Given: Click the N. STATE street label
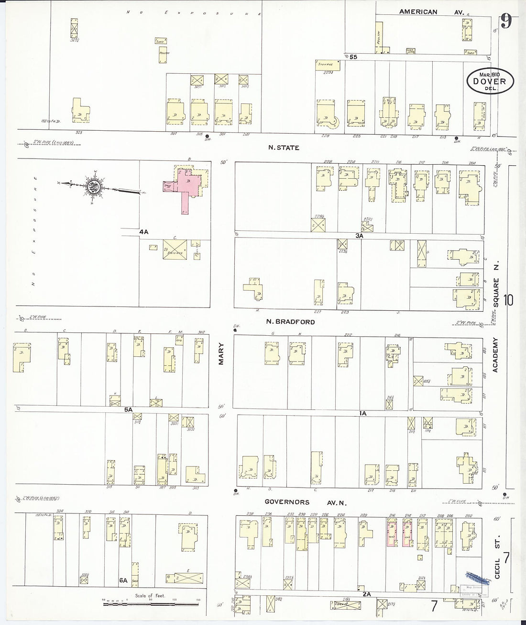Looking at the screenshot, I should [284, 148].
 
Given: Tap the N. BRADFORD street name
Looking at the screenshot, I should [290, 322].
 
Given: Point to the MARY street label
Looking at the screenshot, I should [221, 353].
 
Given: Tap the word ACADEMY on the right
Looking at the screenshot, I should [496, 355].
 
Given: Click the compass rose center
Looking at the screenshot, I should [93, 185].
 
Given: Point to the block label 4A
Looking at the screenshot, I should [143, 232].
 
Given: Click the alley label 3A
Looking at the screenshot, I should [360, 236].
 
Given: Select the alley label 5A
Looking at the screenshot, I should [128, 410].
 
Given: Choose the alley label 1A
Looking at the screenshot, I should [362, 413].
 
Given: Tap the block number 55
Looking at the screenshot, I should [353, 57].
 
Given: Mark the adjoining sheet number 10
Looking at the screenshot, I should [508, 300].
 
